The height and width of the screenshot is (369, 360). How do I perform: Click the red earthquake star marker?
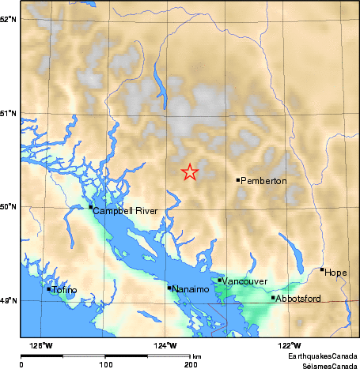click(190, 171)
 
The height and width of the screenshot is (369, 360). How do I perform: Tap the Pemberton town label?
click(263, 182)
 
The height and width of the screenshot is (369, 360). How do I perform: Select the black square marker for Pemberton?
click(238, 180)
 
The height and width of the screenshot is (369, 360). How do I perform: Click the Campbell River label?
click(125, 212)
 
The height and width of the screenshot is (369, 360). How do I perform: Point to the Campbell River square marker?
click(90, 207)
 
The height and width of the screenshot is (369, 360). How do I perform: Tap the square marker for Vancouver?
click(219, 280)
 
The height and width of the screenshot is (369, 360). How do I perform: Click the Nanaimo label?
click(191, 290)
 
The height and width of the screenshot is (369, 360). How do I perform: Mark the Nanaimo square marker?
click(169, 288)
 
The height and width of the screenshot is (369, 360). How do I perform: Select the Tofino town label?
click(65, 291)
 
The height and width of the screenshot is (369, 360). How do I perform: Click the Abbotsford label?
click(299, 299)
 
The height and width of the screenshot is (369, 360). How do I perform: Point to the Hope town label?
click(335, 273)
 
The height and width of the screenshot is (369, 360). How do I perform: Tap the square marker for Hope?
click(322, 269)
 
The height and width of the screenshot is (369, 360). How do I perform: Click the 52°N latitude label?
click(9, 18)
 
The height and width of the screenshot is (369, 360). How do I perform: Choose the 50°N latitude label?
click(9, 207)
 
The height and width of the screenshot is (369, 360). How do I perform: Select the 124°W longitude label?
click(166, 345)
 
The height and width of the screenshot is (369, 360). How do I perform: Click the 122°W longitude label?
click(290, 345)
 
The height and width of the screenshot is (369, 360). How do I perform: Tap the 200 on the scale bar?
click(191, 364)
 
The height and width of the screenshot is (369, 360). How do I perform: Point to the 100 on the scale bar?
click(106, 364)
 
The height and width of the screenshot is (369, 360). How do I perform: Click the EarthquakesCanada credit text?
click(320, 357)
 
